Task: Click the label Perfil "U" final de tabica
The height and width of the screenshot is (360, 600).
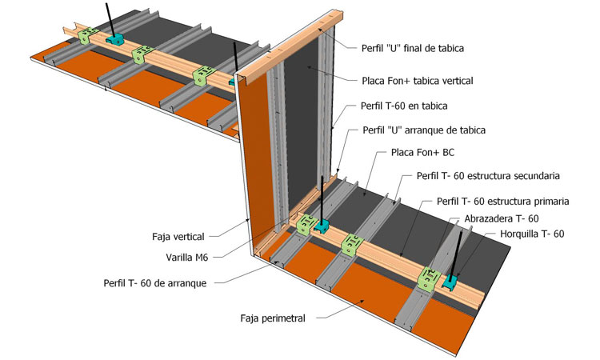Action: [413, 48]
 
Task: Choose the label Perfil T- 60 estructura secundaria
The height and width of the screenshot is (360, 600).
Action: [487, 175]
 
